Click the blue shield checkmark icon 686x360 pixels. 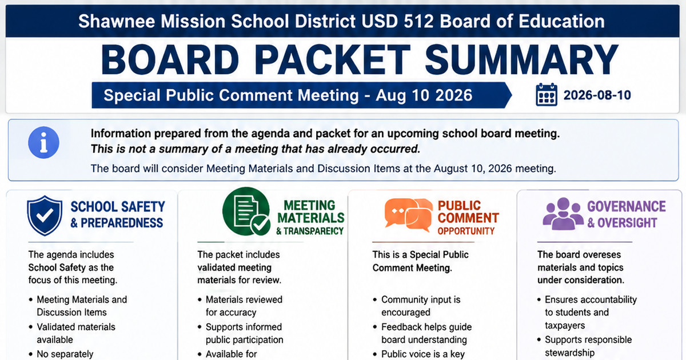pos(45,216)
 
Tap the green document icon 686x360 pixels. pos(246,211)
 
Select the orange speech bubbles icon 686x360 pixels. pos(409,215)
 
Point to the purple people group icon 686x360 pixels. pos(563,214)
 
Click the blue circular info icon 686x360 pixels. pos(43,142)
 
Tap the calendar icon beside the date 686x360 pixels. pos(547,95)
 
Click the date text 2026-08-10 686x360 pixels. pos(597,95)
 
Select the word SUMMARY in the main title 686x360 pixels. pos(521,59)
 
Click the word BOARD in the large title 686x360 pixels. pos(170,59)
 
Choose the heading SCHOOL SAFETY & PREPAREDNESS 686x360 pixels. pos(118,215)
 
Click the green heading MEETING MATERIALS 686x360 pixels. pos(311,211)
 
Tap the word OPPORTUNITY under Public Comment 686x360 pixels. pos(466,231)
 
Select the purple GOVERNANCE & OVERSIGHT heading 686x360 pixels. pos(627,215)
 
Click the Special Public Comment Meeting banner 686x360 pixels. pos(302,95)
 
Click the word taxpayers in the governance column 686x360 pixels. pos(565,325)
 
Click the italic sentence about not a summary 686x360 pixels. pos(256,149)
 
